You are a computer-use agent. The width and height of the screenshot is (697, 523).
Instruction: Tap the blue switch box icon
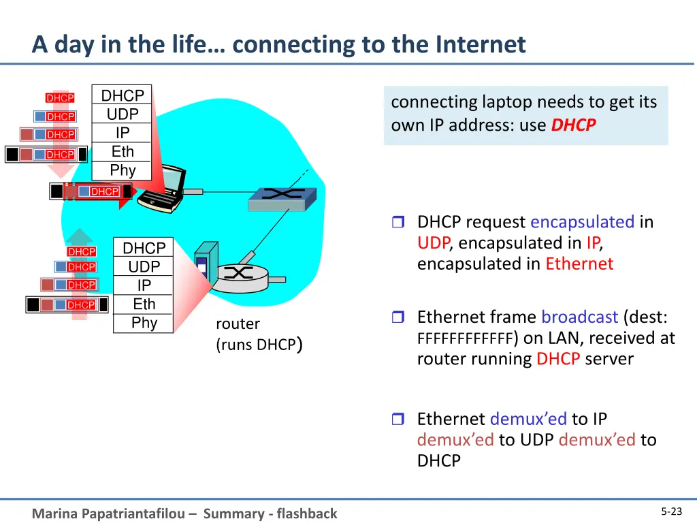tap(282, 195)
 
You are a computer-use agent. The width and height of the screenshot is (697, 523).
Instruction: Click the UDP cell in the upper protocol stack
tap(123, 114)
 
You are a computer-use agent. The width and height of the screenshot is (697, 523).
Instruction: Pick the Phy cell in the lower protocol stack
tap(144, 323)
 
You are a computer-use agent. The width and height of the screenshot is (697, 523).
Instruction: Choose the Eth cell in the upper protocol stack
tap(123, 152)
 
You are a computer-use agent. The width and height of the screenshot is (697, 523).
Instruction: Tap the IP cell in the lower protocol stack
tap(144, 285)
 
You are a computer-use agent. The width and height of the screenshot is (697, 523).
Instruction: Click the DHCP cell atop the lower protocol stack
tap(144, 248)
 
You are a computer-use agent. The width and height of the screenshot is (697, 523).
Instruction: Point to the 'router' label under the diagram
tap(238, 323)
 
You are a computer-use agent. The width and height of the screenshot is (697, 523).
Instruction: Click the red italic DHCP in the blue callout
tap(573, 125)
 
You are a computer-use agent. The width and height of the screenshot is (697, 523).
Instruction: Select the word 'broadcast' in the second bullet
tap(579, 317)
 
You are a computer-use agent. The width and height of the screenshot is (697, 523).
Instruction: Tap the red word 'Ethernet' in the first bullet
tap(579, 264)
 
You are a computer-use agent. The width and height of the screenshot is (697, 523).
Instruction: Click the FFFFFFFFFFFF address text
tap(465, 338)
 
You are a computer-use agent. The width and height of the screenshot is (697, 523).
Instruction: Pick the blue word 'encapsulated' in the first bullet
tap(582, 222)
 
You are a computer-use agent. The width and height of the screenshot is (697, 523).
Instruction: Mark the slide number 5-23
tap(671, 512)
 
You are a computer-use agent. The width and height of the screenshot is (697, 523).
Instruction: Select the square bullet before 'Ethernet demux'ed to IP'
tap(398, 419)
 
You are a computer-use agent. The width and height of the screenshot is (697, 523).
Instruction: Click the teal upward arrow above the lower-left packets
tap(80, 236)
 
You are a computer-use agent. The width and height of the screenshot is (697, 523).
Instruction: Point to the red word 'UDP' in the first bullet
tap(433, 243)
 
